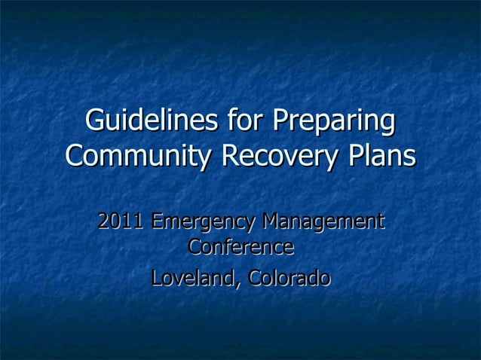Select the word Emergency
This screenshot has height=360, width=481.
tap(201, 224)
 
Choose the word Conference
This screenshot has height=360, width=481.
tap(240, 247)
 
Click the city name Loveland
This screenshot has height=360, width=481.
tap(195, 278)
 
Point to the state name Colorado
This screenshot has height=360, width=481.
tap(289, 278)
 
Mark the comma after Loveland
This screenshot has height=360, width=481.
tap(240, 284)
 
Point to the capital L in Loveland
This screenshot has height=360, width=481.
tap(156, 278)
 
